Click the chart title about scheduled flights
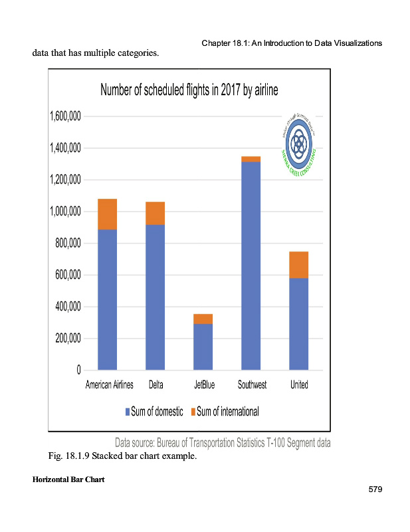pos(189,90)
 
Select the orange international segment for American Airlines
pos(107,213)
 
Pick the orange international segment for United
pos(298,265)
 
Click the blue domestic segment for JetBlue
pos(203,346)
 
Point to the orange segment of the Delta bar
pos(155,213)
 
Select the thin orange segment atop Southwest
pos(251,159)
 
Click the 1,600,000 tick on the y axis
pos(65,116)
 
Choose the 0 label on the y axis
pos(78,370)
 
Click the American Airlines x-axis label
pos(110,385)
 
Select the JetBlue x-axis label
pos(204,385)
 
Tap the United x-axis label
pos(299,385)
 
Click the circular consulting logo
pos(298,141)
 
